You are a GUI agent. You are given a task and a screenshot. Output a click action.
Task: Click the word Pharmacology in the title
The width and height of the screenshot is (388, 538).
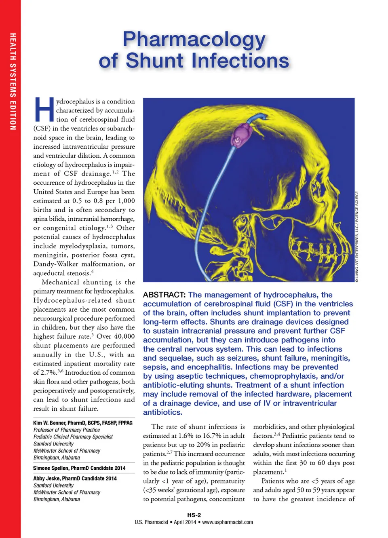click(194, 40)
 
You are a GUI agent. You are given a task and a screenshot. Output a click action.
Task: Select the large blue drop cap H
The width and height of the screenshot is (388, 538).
click(44, 110)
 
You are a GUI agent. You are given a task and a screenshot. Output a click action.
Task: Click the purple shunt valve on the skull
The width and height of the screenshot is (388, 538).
click(241, 133)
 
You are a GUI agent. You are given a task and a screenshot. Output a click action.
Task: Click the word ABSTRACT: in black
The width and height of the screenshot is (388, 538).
click(164, 295)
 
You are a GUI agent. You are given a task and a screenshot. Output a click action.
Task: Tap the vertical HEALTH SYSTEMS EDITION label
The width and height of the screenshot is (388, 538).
click(13, 81)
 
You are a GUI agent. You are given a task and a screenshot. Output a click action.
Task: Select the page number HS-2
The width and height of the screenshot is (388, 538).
click(194, 515)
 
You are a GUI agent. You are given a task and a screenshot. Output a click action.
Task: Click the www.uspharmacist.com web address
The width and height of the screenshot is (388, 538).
click(228, 522)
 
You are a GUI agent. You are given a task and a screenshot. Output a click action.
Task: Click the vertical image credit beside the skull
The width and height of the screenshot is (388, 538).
click(357, 236)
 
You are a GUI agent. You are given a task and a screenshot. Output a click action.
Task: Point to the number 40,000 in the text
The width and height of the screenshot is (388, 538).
click(124, 336)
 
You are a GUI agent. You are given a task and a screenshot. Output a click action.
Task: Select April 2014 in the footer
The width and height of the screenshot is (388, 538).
click(184, 522)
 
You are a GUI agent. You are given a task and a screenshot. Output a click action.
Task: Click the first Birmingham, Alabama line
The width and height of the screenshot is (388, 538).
click(57, 458)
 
